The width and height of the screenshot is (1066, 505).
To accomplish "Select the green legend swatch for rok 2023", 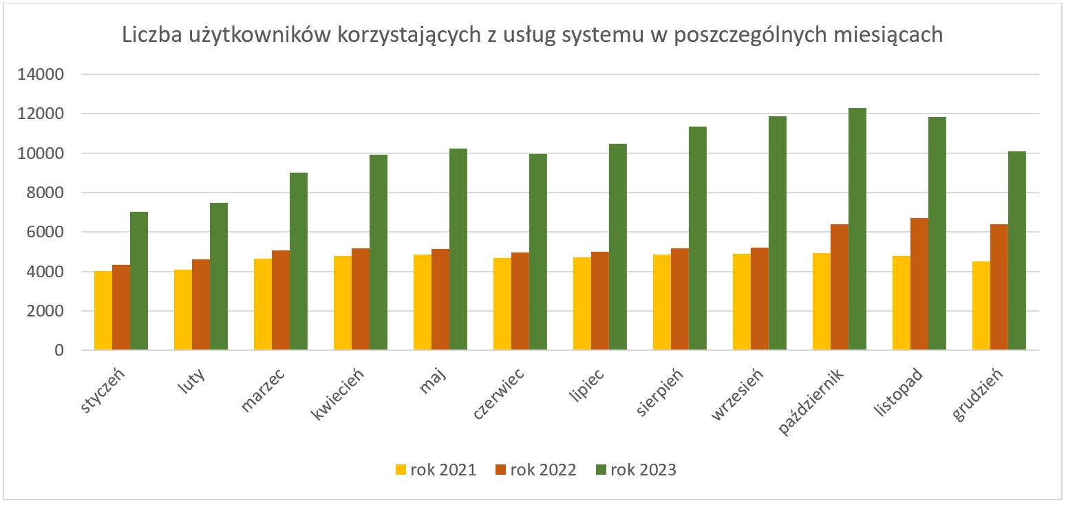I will pyautogui.click(x=601, y=471).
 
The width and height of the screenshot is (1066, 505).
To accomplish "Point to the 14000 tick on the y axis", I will pyautogui.click(x=43, y=74).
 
